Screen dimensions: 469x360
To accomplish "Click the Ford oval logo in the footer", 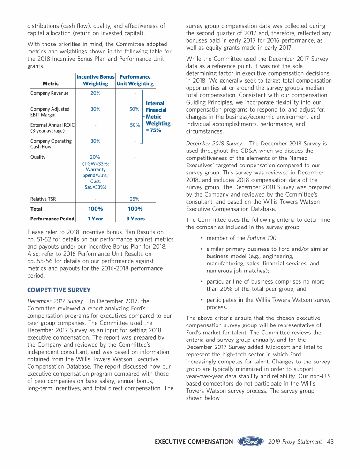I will (251, 441).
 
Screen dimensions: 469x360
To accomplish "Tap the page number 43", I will (330, 441).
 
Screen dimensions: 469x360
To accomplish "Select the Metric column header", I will (51, 83).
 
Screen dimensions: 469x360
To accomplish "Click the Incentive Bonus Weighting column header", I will (96, 80).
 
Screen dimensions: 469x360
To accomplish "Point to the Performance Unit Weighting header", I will (135, 80).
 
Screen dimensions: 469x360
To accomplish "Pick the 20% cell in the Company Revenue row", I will (95, 93).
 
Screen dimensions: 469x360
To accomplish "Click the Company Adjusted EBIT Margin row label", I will (50, 112).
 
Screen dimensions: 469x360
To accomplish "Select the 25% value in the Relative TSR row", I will (134, 199).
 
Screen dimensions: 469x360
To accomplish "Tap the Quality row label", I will (38, 157).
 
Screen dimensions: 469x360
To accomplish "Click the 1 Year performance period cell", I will (95, 219).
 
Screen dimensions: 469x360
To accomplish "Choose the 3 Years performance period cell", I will (135, 219).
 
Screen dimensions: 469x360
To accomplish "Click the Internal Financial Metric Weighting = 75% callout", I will (158, 117).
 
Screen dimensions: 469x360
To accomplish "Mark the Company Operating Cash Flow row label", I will (51, 144).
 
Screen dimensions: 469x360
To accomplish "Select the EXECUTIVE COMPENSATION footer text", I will (194, 441).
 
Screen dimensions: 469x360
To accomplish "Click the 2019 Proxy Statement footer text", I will (295, 441).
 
